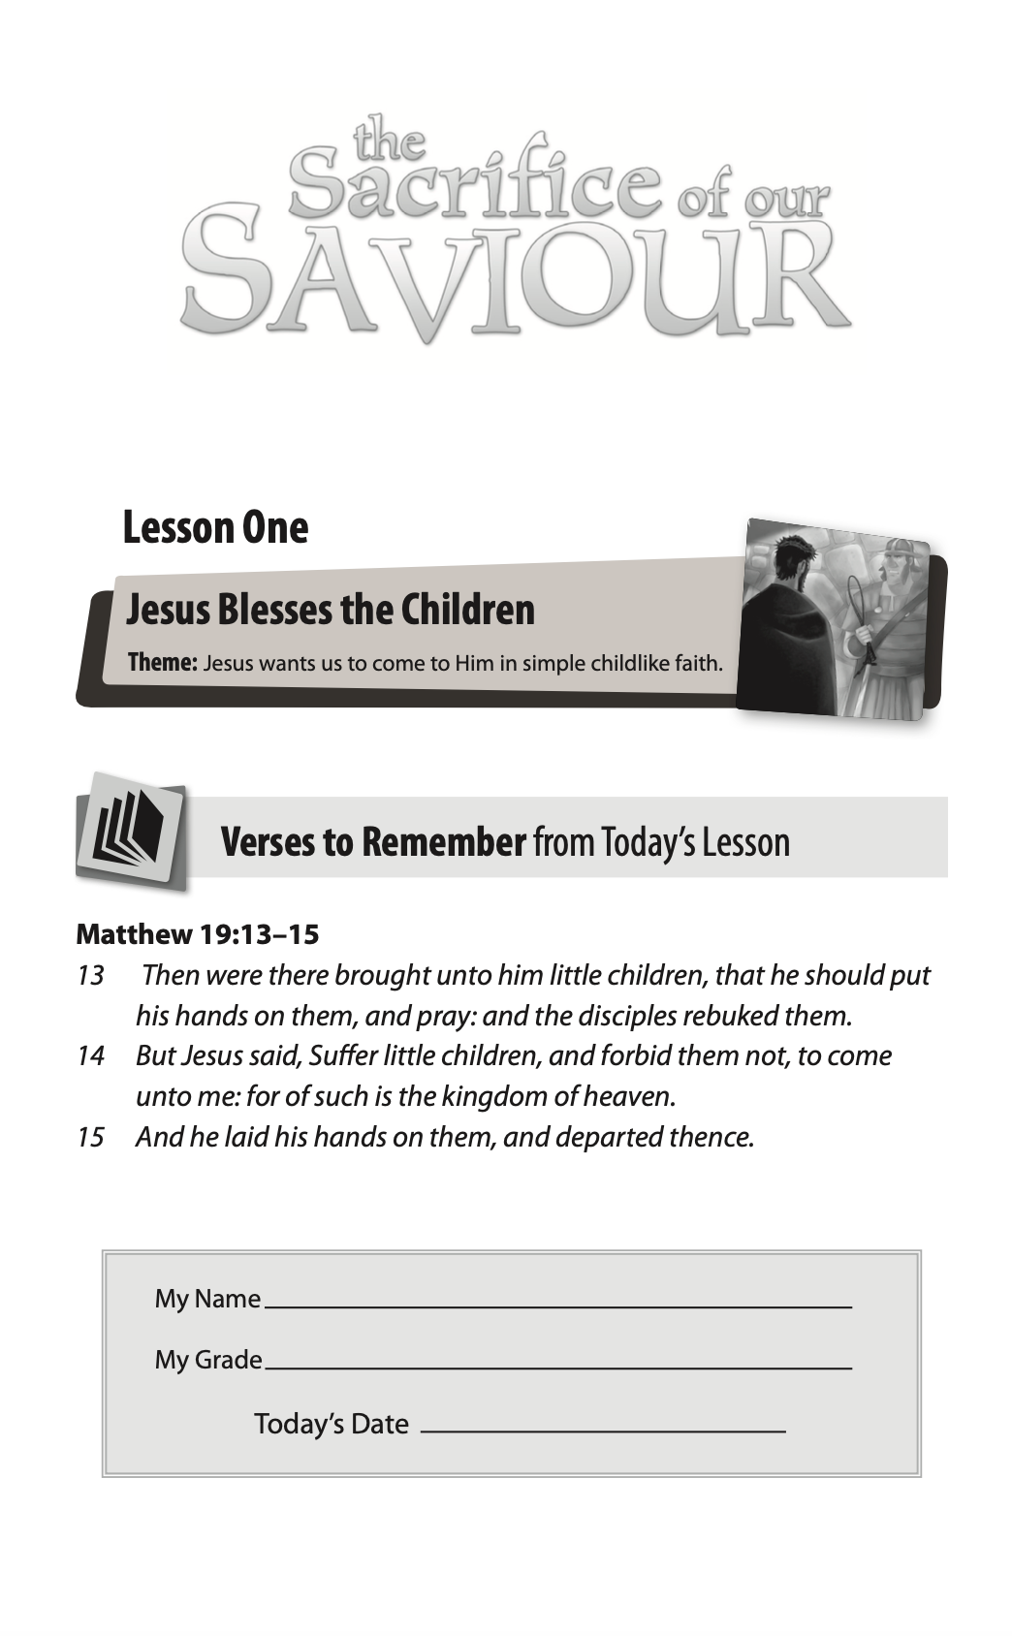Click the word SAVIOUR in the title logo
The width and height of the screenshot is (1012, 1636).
[514, 273]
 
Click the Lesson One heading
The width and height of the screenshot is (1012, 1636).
[215, 528]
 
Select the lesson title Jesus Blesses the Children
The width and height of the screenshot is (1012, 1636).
[331, 610]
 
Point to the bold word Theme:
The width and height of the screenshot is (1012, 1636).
[163, 663]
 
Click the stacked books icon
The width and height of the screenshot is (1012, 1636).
[130, 830]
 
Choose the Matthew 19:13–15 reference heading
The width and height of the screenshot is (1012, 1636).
[198, 934]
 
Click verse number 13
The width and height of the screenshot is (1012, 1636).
[90, 975]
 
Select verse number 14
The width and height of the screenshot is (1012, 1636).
[90, 1055]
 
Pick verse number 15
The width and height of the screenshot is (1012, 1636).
[90, 1137]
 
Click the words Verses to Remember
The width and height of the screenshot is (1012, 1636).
[373, 842]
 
